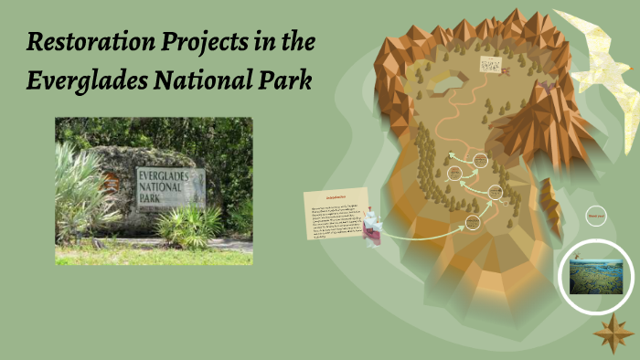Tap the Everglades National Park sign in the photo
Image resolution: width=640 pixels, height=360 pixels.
click(170, 187)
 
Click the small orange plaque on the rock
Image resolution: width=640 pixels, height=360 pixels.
click(112, 181)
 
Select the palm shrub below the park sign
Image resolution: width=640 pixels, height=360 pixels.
click(190, 227)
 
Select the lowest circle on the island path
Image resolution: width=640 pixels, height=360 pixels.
click(473, 222)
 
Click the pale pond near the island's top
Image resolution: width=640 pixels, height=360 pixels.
click(446, 84)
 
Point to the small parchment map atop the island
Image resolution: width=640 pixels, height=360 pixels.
click(491, 65)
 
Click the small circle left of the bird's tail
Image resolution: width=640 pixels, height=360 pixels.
click(596, 217)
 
